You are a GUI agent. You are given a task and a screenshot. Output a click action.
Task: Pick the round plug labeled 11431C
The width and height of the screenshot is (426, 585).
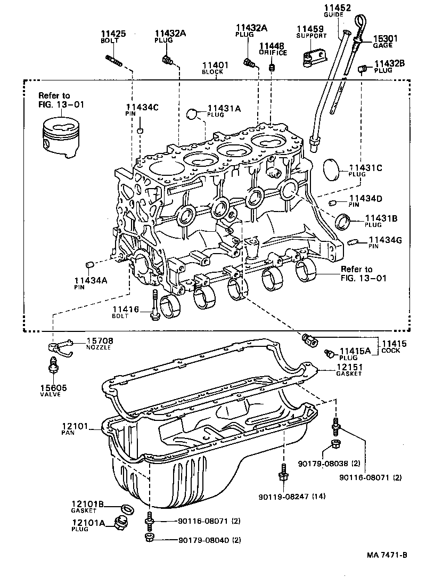point(333,168)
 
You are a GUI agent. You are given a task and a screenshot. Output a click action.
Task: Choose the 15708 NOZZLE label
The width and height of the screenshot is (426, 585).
point(99,343)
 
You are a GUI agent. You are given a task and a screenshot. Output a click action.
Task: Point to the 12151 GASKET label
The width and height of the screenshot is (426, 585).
point(349,370)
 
